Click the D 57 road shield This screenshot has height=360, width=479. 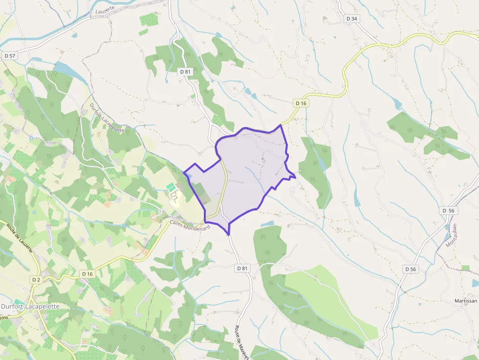(10, 56)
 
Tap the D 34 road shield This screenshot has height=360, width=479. (351, 19)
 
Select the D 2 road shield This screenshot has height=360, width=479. (36, 280)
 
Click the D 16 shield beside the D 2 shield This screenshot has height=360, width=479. (87, 274)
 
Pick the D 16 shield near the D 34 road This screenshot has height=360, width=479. (301, 103)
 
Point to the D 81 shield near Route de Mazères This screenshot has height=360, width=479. (242, 268)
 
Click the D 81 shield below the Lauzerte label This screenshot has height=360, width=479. (185, 72)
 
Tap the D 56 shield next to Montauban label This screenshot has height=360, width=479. (448, 211)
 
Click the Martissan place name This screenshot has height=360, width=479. (465, 301)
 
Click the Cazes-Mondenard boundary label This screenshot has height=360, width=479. (190, 225)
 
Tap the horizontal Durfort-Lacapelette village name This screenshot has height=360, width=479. (30, 306)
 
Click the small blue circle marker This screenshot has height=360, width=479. (31, 138)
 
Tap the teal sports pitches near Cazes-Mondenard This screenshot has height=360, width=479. (171, 187)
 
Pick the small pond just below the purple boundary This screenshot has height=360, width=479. (268, 224)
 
